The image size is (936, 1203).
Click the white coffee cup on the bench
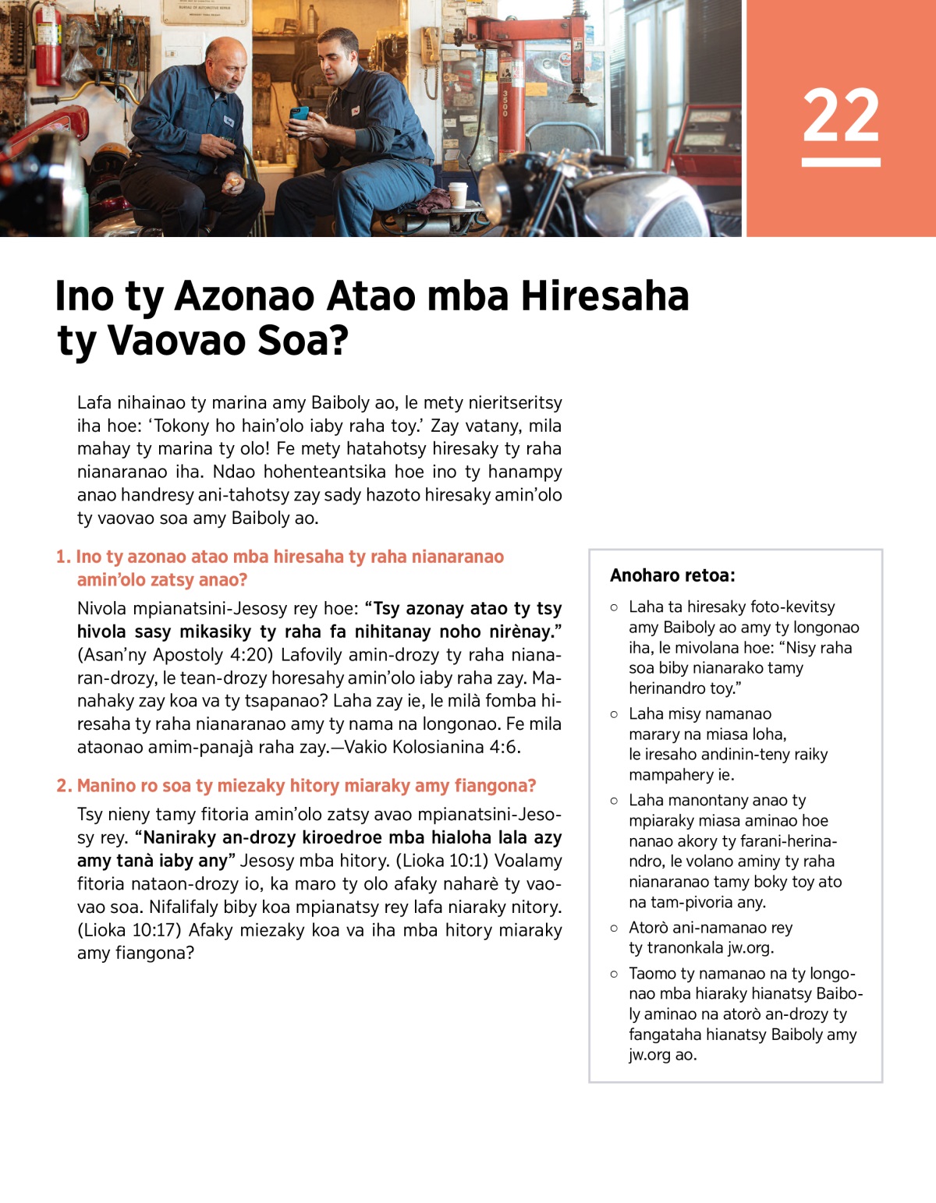click(458, 194)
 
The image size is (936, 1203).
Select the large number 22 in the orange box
click(841, 115)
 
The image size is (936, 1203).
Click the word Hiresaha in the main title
click(604, 296)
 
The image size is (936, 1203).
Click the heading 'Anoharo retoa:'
click(672, 575)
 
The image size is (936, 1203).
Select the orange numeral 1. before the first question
click(63, 557)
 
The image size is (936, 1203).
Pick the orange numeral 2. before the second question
click(64, 786)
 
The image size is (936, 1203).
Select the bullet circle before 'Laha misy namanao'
click(614, 714)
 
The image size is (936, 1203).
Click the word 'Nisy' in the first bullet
click(801, 648)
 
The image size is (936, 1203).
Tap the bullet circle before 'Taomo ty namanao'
click(614, 974)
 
